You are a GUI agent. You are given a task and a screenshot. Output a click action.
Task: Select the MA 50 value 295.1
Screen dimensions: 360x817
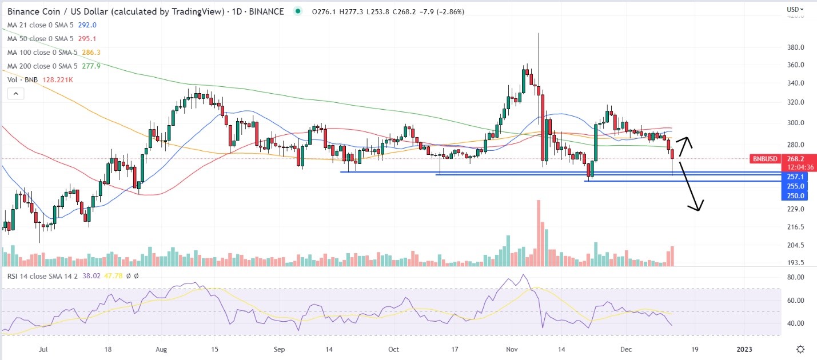87,38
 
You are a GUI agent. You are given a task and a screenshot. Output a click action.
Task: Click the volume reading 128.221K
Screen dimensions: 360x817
57,80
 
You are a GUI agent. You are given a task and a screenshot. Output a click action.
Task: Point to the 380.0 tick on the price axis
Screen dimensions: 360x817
796,47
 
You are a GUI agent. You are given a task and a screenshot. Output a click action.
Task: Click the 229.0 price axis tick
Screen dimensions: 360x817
796,209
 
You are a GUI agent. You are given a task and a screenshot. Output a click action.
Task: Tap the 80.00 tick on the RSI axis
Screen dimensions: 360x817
796,277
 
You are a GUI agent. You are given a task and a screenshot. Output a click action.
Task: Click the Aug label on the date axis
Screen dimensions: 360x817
161,349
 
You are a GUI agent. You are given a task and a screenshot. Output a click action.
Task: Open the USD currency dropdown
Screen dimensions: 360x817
795,9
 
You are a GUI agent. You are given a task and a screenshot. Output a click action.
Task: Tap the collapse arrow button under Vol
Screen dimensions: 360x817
15,93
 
